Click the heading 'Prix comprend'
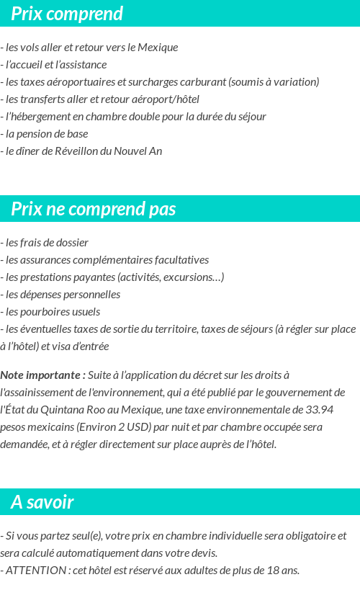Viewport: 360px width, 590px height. [67, 14]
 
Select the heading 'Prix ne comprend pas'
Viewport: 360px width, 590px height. [93, 209]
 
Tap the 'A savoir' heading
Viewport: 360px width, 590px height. [42, 502]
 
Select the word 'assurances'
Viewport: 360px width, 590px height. [42, 259]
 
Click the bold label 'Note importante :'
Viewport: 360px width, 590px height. [43, 375]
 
